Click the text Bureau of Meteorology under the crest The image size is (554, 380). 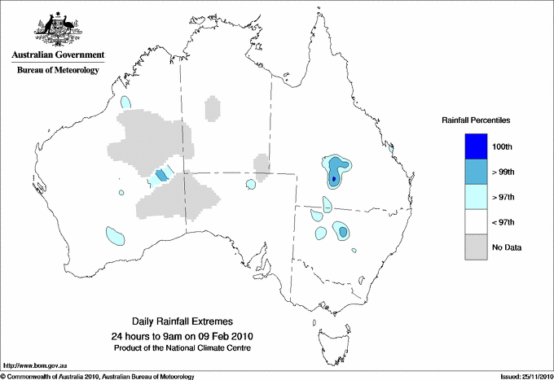pyautogui.click(x=58, y=71)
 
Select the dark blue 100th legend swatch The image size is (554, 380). pyautogui.click(x=477, y=146)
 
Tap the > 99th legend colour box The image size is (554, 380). pyautogui.click(x=477, y=172)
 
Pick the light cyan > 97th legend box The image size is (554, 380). pyautogui.click(x=477, y=197)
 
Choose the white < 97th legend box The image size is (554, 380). pyautogui.click(x=477, y=222)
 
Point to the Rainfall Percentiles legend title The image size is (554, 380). pyautogui.click(x=476, y=120)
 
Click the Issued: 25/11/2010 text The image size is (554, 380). pyautogui.click(x=525, y=376)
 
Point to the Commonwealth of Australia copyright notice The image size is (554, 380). pyautogui.click(x=98, y=376)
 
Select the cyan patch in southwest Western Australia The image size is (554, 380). pyautogui.click(x=115, y=237)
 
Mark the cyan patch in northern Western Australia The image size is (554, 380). pyautogui.click(x=125, y=103)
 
